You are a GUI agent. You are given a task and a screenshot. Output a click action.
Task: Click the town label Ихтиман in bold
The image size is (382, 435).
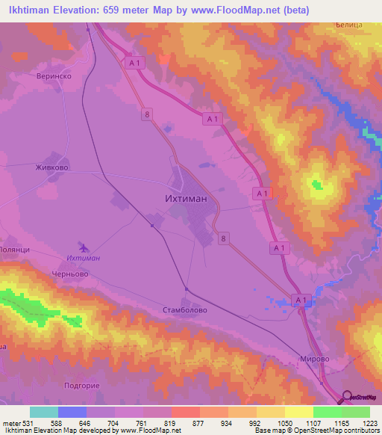point(186,200)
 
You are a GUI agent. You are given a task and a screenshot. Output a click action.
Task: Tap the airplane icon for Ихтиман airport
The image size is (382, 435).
point(83,247)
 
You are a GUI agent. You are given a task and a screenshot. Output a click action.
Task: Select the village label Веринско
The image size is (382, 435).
point(53,76)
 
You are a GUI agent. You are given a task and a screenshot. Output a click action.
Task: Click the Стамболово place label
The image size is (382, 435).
point(184,309)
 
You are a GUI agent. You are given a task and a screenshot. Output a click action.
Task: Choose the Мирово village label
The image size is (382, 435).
point(313,358)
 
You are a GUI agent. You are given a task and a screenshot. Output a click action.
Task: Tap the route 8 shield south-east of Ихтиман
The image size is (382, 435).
point(223,238)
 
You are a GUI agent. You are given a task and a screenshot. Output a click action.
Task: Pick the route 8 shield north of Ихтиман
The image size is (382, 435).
point(148,113)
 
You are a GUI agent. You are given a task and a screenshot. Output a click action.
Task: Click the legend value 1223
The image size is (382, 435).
point(369,423)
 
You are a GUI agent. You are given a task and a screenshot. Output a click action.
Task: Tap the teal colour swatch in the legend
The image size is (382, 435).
point(44,412)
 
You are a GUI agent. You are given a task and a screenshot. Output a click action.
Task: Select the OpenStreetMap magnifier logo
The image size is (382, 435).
point(348,398)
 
